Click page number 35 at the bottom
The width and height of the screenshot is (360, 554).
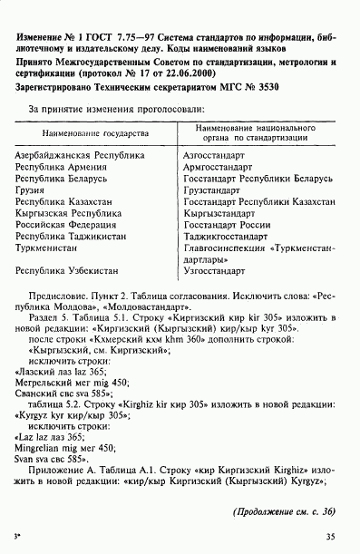pos(329,537)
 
